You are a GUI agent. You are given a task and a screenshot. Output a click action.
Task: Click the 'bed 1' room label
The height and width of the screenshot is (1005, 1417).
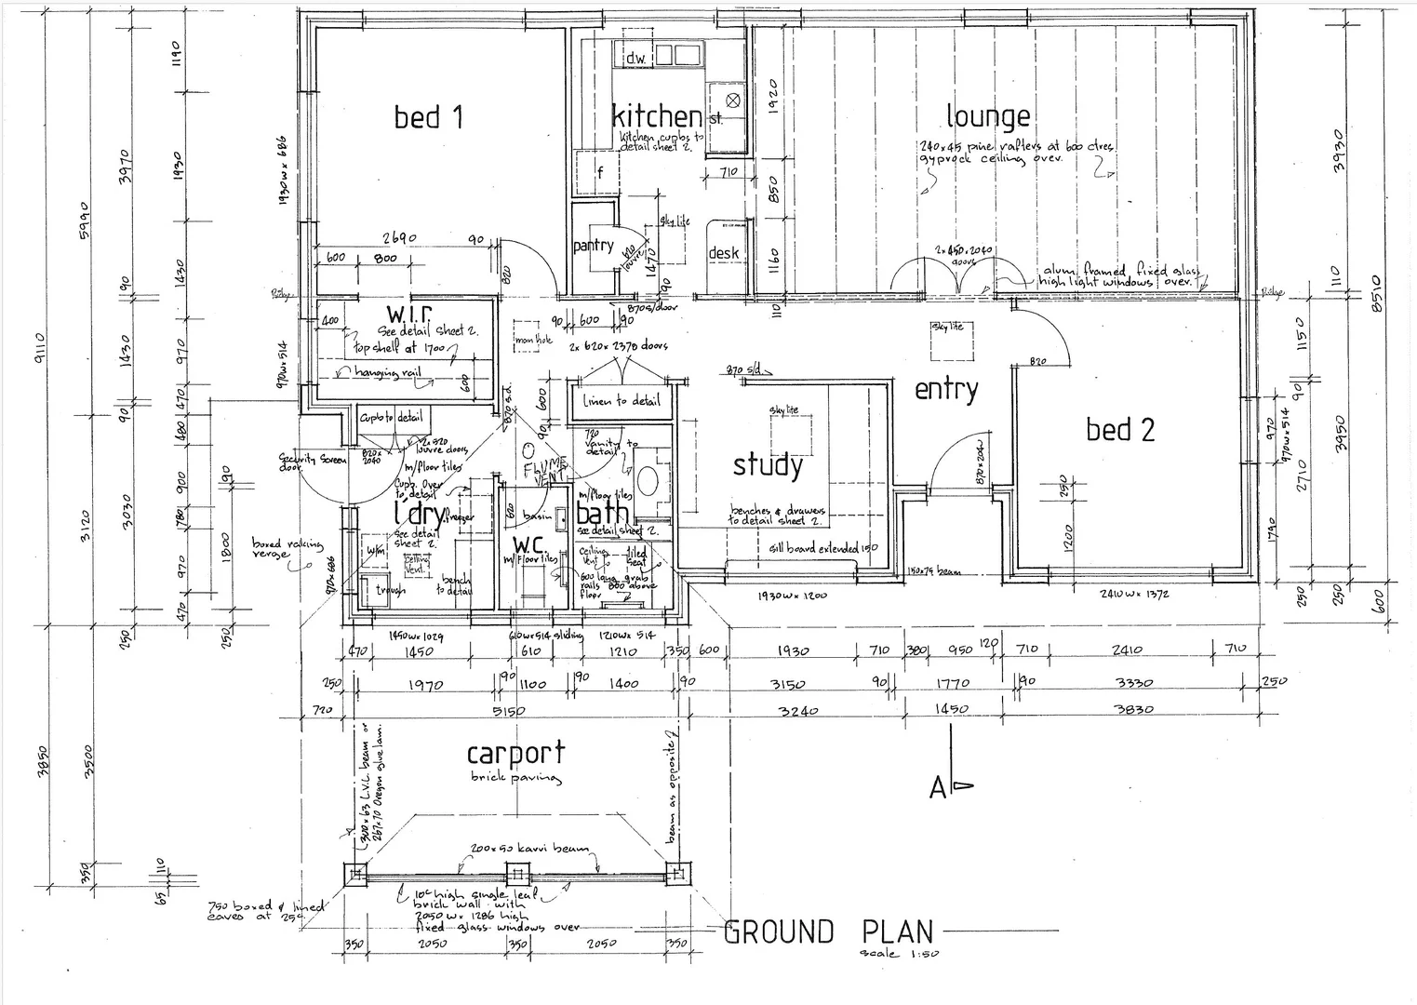428,117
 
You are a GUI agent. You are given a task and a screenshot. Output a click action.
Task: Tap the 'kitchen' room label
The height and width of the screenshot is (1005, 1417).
657,116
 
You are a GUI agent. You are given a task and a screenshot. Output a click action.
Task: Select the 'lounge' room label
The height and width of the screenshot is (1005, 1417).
988,116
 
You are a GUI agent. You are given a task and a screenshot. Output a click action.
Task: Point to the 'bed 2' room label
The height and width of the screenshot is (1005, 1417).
1120,430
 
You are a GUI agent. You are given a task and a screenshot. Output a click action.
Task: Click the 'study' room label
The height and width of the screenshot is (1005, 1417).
768,464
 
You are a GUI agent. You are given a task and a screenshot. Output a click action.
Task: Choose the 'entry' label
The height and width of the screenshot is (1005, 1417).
946,389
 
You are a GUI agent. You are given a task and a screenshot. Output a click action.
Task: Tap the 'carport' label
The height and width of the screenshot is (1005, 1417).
515,753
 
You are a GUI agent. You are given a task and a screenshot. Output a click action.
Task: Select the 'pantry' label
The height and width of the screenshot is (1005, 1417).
593,246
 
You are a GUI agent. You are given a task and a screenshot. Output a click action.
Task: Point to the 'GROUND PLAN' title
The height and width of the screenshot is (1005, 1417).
828,931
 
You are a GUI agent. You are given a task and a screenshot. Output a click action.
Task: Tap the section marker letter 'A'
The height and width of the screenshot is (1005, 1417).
938,788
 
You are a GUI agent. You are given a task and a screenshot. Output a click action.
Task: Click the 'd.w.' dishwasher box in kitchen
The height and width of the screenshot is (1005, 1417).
635,58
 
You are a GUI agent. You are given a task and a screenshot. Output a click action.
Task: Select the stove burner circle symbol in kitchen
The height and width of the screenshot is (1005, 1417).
732,100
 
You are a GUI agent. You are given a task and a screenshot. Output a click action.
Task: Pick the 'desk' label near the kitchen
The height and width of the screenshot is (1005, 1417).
724,252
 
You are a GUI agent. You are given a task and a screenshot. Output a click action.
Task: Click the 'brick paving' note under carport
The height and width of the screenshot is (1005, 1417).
515,777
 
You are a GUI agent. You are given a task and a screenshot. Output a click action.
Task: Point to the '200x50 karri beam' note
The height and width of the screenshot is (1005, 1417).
529,850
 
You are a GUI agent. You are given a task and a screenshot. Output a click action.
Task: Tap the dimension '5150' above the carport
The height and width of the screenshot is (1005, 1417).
508,711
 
